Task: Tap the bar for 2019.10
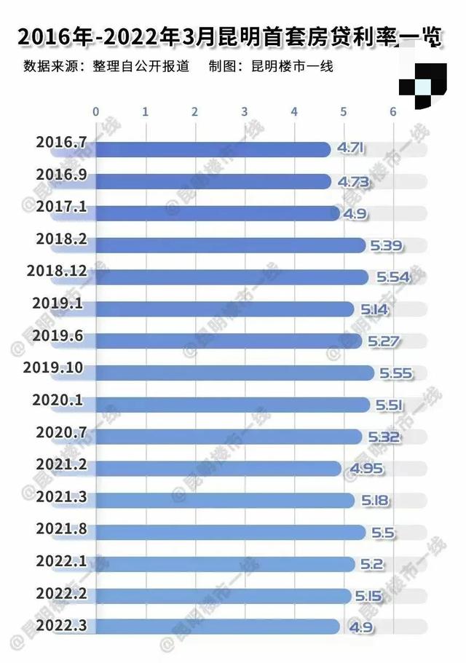233,373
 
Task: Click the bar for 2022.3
217,627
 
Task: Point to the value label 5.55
395,373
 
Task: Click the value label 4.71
349,149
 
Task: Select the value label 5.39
385,245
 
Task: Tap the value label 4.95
366,469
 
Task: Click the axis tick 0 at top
95,111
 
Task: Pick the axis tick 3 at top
244,111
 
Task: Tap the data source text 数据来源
106,67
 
